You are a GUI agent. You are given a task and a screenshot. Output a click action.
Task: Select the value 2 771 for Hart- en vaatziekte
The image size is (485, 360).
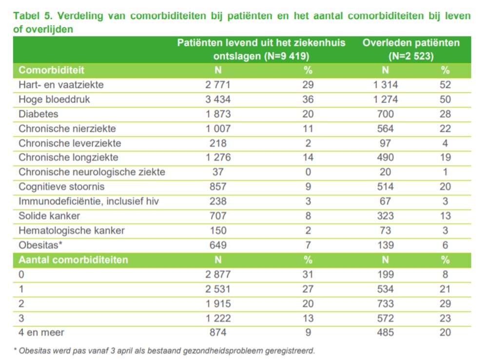click(x=218, y=85)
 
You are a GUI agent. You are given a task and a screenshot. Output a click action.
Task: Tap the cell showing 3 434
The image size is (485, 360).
click(x=218, y=100)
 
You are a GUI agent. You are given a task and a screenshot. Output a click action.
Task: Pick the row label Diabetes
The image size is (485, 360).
click(x=39, y=114)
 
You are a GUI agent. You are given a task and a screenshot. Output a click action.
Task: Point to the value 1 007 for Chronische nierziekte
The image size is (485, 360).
click(x=218, y=129)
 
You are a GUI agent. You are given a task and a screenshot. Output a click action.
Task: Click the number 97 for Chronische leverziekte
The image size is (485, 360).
click(x=386, y=143)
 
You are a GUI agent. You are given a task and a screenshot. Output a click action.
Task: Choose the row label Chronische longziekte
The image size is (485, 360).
click(x=69, y=158)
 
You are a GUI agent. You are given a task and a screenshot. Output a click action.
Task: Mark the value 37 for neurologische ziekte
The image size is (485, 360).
click(x=218, y=172)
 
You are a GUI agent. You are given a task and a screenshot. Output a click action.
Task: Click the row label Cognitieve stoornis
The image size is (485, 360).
click(x=62, y=187)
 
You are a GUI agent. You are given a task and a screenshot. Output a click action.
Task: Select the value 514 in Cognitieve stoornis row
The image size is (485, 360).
click(x=386, y=187)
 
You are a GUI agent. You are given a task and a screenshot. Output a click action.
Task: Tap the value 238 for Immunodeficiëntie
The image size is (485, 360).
click(x=218, y=201)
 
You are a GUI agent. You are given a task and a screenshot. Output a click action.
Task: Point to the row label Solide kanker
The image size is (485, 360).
click(x=49, y=216)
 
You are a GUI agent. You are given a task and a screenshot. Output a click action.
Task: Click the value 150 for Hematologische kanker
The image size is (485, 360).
click(x=218, y=230)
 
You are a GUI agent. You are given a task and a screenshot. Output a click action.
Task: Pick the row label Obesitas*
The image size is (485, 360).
click(x=40, y=245)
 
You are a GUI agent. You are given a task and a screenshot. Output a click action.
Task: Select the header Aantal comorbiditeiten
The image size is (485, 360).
click(x=73, y=260)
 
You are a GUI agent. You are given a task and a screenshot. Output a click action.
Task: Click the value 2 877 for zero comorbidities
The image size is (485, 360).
click(x=218, y=274)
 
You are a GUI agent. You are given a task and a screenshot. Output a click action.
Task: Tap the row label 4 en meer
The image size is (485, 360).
click(x=41, y=333)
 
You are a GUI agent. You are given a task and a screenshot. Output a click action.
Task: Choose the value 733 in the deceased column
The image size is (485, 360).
click(x=386, y=303)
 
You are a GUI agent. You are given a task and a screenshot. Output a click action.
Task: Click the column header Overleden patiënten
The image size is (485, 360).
click(x=411, y=43)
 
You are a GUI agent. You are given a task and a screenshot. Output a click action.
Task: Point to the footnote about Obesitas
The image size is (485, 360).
click(x=164, y=350)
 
